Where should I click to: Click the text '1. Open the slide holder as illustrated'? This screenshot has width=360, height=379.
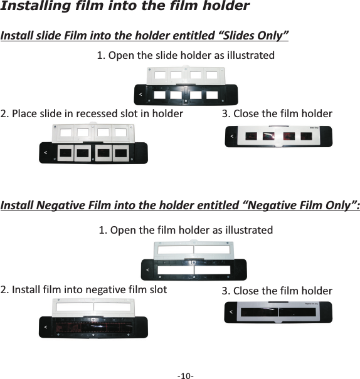tap(186, 55)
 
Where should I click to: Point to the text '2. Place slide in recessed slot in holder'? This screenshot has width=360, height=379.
tap(92, 113)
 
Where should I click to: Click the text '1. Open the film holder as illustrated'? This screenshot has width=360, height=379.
tap(186, 229)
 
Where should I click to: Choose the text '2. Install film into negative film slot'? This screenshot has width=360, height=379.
tap(84, 289)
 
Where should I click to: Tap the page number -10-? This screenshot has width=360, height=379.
tap(185, 375)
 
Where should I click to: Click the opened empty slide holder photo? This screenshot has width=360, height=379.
tap(186, 86)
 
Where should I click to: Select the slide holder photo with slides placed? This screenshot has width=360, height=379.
tap(94, 144)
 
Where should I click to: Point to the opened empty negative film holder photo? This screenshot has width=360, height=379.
tap(194, 260)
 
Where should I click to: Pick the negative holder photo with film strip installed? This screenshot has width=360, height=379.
tap(94, 319)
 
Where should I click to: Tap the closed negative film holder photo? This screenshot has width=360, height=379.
tap(278, 312)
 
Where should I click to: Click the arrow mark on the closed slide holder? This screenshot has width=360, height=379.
tap(232, 135)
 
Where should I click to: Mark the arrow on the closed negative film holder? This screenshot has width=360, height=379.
tap(231, 311)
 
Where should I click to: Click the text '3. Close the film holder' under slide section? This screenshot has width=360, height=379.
tap(277, 113)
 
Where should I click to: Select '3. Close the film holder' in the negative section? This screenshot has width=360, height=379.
tap(277, 291)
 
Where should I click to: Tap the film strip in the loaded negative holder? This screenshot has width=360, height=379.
tap(94, 327)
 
